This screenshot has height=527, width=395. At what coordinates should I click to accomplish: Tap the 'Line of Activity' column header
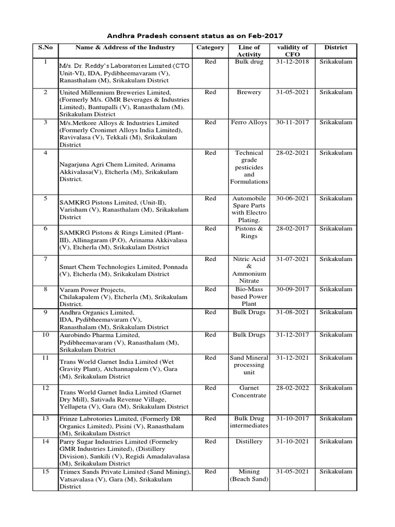249,50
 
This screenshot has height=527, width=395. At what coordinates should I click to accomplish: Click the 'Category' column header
210,47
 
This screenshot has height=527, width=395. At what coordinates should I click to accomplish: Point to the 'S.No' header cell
45,47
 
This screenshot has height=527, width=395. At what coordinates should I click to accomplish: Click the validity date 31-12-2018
291,62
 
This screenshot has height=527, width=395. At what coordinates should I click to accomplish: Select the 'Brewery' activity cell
249,92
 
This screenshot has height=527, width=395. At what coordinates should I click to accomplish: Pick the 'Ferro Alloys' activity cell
249,122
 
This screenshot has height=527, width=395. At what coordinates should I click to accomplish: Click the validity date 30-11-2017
291,122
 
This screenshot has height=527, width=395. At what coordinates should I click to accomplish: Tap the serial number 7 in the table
45,259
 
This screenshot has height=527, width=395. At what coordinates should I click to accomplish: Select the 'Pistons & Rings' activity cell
249,232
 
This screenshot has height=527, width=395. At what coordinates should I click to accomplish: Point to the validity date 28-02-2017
291,229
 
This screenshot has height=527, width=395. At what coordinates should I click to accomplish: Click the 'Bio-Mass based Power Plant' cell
249,297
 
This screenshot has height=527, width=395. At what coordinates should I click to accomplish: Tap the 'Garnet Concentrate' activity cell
249,392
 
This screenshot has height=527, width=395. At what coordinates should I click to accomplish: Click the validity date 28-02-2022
291,388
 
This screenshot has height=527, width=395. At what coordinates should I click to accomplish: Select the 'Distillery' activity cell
249,442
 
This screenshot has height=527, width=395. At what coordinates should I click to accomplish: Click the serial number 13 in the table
45,419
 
